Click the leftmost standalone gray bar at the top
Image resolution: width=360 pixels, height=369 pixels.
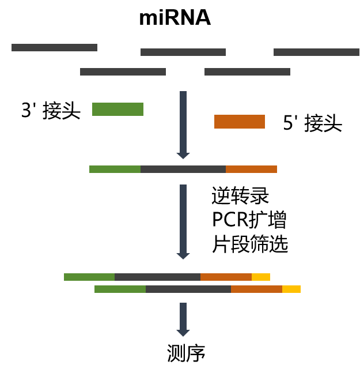point(54,48)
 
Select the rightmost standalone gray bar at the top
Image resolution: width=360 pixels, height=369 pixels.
point(316,52)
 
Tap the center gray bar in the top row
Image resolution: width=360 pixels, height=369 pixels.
point(183,52)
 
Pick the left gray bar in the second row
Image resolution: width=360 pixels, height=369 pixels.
point(123,72)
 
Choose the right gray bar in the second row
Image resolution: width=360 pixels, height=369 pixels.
point(247,72)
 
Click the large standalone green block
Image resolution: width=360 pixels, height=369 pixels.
point(118,110)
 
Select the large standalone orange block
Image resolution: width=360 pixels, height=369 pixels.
point(240,122)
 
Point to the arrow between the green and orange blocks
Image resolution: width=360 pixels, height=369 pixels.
point(183,124)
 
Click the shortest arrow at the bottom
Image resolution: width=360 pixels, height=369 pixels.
point(183,318)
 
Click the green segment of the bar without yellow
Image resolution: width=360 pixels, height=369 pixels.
point(115,170)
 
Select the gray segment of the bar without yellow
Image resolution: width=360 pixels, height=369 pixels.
point(183,170)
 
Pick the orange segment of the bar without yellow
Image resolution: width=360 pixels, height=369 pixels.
point(251,170)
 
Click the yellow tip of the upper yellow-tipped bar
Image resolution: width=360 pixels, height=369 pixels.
point(261,277)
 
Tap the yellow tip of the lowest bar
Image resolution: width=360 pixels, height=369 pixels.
point(291,289)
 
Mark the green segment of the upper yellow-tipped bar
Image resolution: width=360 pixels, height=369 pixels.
point(89,277)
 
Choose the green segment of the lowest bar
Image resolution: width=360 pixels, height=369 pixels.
point(120,289)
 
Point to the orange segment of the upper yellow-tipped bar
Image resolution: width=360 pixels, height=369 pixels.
point(226,277)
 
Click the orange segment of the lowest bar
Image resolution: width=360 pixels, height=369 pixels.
point(256,289)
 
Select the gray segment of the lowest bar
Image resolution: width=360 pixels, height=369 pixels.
point(188,289)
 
